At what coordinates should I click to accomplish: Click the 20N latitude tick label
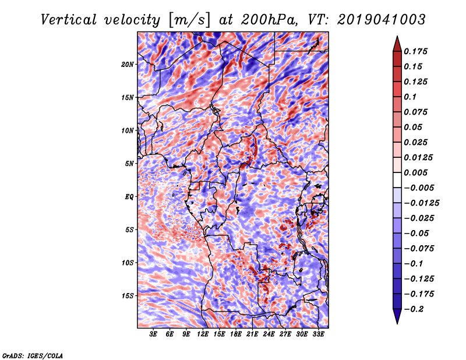tap(128, 65)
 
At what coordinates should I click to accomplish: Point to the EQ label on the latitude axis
tap(129, 197)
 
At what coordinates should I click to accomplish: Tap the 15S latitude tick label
tap(128, 296)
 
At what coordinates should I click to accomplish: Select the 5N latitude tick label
tap(129, 164)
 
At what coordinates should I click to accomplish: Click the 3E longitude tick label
tap(153, 334)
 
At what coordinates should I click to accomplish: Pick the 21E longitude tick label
tap(252, 334)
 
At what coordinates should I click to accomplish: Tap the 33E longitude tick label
tap(318, 334)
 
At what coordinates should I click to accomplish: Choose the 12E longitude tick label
tap(203, 334)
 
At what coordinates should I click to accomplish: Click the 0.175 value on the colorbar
tap(415, 51)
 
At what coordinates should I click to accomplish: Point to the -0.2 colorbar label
tap(414, 309)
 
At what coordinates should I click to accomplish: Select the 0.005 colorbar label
tap(415, 172)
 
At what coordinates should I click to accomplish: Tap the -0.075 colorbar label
tap(419, 249)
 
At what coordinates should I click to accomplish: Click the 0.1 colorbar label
tap(410, 97)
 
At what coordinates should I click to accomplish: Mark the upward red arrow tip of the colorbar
tap(397, 36)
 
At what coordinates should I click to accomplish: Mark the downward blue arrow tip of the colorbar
tap(397, 323)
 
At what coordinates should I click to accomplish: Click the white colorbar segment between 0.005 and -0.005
tap(397, 180)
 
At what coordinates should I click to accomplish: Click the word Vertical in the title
tap(69, 20)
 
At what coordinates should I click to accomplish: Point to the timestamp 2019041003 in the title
tap(381, 20)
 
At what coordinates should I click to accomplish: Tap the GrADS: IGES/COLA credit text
tap(33, 356)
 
